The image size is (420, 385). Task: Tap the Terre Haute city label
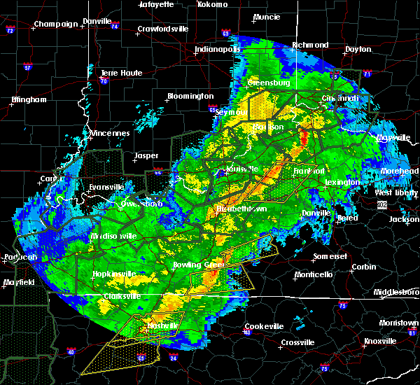click(122, 73)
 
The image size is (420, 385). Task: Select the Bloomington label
click(190, 96)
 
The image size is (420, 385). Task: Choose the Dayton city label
click(358, 50)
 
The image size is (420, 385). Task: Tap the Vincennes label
click(110, 133)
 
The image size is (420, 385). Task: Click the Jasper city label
click(146, 155)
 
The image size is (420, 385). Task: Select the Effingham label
click(28, 99)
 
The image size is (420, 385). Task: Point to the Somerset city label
click(330, 256)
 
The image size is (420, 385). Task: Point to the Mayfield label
click(20, 283)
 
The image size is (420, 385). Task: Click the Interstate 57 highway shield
click(28, 68)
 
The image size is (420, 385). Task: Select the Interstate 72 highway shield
click(10, 31)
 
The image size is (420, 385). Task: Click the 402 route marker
click(381, 204)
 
